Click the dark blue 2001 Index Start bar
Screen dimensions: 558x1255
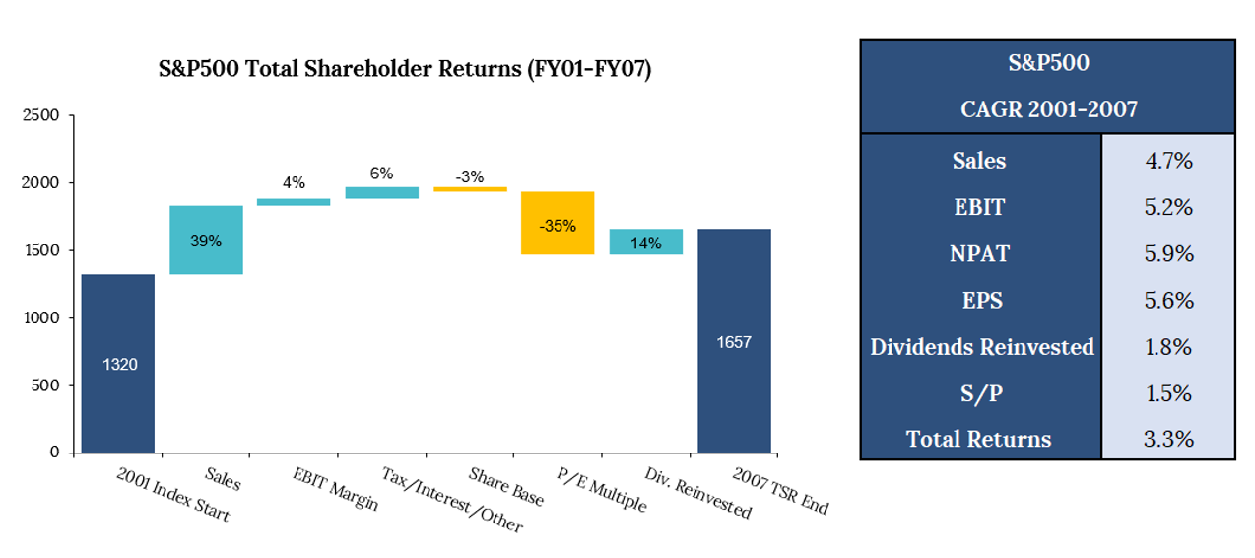point(117,363)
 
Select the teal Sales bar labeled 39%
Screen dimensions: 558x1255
point(206,240)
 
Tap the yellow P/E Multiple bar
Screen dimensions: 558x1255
point(558,223)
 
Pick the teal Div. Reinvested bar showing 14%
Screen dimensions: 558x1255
point(645,242)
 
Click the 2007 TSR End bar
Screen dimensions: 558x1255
point(734,340)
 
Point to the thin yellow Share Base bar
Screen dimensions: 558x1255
point(470,188)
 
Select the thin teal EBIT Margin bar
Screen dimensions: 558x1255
point(294,202)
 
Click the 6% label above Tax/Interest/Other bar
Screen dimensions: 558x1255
point(381,174)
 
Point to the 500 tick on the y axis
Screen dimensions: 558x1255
point(46,385)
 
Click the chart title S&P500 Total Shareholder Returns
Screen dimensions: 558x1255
point(405,70)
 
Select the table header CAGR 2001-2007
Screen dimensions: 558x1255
point(1048,109)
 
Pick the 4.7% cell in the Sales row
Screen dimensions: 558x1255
point(1167,161)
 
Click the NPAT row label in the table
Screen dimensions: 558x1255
point(979,253)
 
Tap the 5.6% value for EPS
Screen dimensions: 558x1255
point(1167,300)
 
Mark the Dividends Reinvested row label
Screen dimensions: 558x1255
point(981,347)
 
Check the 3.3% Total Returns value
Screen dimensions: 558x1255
point(1167,439)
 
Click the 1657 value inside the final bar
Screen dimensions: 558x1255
point(734,342)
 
